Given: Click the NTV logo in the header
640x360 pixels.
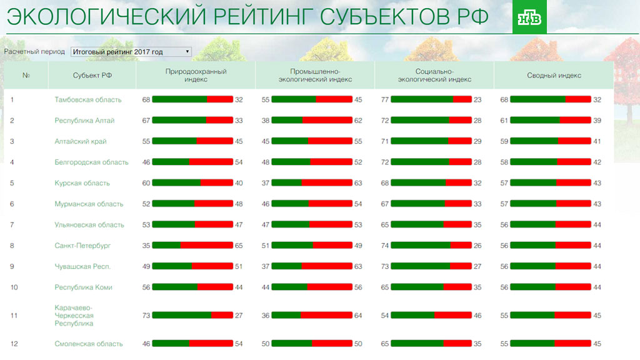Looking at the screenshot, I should (529, 21).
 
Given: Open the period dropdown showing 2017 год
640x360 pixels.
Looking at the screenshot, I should (131, 52).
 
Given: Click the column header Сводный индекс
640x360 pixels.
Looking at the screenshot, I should (554, 76).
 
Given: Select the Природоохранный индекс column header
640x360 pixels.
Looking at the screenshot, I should (196, 76).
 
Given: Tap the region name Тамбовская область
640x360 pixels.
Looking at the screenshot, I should (87, 100).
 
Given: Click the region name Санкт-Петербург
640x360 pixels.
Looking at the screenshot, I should (82, 246).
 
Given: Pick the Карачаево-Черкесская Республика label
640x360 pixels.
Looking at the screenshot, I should (74, 316).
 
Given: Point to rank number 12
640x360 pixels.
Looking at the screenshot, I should (14, 344).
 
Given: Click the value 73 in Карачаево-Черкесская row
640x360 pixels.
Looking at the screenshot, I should (146, 316).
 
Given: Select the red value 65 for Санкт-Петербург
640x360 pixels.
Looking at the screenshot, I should (239, 246).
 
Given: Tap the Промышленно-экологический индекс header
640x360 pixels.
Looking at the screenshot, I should (314, 76).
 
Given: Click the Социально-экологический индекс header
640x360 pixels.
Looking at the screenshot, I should (434, 76).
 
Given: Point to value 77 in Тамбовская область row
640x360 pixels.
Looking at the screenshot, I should (385, 100).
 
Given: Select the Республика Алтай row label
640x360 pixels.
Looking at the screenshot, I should (84, 121).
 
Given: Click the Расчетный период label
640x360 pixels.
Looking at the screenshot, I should (34, 52).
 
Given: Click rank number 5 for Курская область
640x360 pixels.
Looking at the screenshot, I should (12, 183).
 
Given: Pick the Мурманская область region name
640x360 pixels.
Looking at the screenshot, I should (89, 204).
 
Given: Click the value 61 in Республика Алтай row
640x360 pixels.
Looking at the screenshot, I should (504, 121).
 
